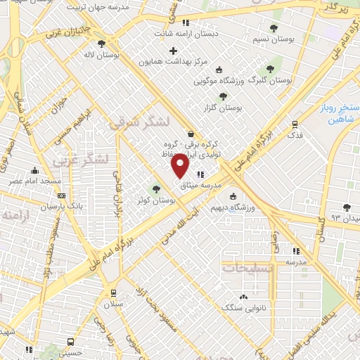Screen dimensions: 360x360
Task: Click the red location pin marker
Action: coord(180,167)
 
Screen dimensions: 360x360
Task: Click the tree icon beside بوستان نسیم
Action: coord(274,28)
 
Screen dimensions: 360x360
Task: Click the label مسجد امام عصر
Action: coord(34,181)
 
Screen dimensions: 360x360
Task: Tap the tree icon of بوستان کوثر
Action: coord(156,188)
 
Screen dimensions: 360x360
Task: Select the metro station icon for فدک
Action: coord(294,124)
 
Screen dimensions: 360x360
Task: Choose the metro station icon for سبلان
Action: coord(112,293)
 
